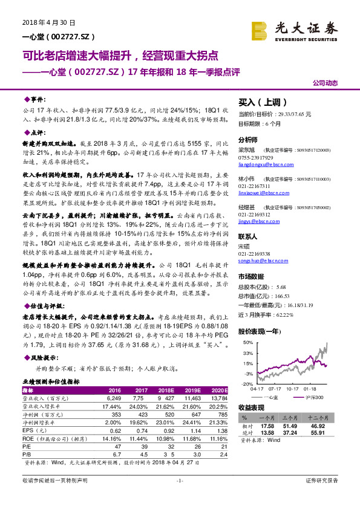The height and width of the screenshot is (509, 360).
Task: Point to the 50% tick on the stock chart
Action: click(x=247, y=342)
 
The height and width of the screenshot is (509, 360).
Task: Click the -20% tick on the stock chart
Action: click(x=246, y=383)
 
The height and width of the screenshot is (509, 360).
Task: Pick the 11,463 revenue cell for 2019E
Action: click(x=192, y=399)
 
